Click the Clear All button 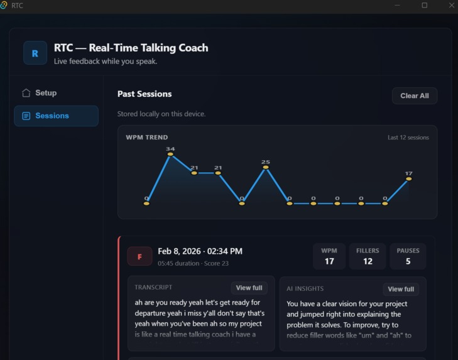[414, 95]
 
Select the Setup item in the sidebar [45, 93]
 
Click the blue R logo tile [35, 53]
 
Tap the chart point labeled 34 [170, 155]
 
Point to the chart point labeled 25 [265, 168]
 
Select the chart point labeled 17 [408, 179]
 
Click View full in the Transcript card [249, 288]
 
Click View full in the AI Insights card [400, 289]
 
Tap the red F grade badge [140, 256]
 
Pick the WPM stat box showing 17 [329, 256]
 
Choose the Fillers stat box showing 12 [368, 256]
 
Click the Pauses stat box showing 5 [408, 256]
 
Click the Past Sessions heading [144, 94]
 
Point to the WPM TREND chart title [147, 137]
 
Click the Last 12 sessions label [408, 138]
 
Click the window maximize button [425, 5]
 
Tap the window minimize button [398, 5]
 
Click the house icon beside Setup [26, 93]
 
